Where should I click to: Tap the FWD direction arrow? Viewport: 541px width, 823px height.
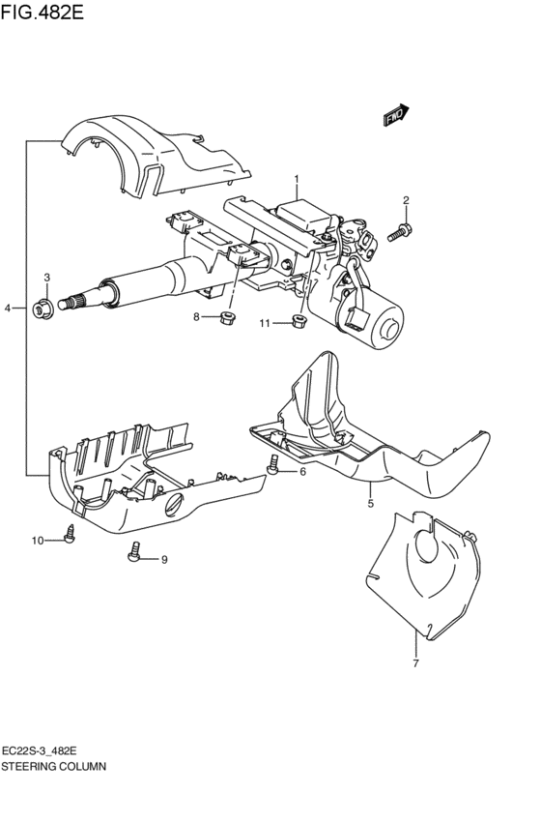pos(396,115)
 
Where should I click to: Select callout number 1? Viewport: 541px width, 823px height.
pos(297,179)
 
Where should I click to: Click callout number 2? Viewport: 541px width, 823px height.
pos(406,201)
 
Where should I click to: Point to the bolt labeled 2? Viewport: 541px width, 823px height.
pos(401,231)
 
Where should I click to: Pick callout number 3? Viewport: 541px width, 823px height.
pos(45,279)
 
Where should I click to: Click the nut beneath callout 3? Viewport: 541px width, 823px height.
pos(43,309)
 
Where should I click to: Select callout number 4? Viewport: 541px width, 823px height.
pos(8,309)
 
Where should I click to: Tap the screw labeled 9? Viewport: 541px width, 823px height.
pos(135,553)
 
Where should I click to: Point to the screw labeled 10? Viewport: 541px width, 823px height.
pos(70,533)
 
